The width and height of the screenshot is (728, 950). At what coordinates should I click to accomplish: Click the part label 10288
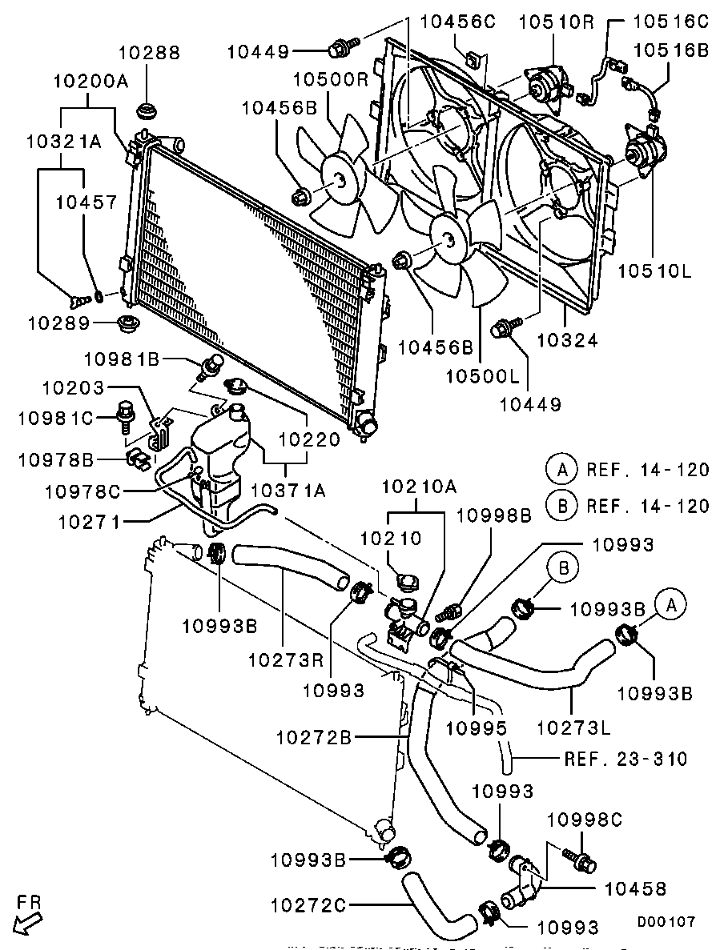click(150, 53)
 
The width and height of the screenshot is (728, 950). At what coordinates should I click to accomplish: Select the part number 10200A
click(91, 81)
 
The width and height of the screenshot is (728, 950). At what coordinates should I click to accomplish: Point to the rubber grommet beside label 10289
click(127, 325)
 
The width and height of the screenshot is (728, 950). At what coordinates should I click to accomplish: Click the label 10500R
click(328, 79)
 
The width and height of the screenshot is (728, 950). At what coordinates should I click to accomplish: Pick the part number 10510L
click(654, 271)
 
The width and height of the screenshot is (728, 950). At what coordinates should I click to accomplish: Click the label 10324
click(569, 340)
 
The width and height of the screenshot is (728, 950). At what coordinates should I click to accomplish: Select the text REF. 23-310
click(625, 758)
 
